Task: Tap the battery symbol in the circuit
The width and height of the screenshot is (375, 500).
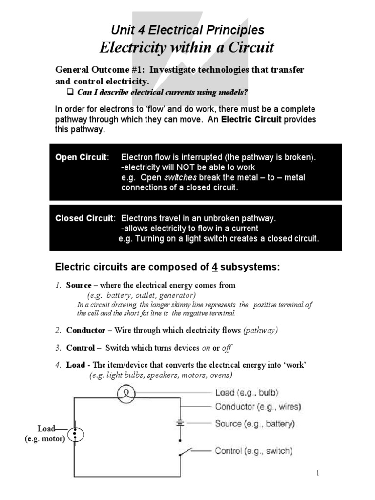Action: pos(181,424)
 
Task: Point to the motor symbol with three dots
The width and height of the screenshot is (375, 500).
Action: pos(74,434)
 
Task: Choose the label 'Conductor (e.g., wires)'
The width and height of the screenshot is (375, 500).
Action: pos(258,406)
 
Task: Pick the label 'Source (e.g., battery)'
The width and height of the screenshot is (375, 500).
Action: pos(255,424)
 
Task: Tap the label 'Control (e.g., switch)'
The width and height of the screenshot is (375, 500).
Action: pos(254,451)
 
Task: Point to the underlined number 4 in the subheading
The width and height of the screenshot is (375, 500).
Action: pos(214,267)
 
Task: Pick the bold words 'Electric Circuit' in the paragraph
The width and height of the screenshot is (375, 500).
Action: pos(251,120)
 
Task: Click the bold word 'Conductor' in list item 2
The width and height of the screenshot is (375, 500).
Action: pos(85,331)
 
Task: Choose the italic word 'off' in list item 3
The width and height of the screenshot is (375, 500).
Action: pos(227,348)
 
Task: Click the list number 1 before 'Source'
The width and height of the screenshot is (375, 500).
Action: pos(58,285)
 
